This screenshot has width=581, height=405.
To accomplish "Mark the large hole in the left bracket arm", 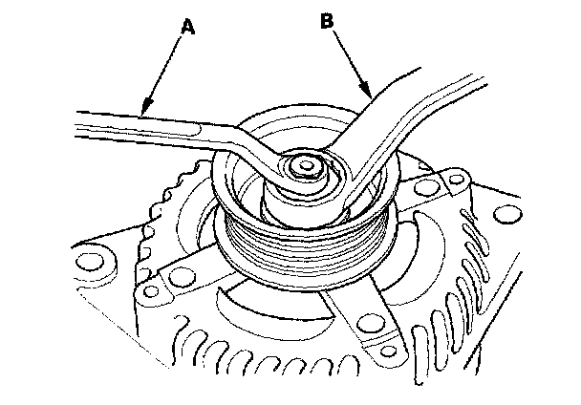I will click(178, 278).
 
